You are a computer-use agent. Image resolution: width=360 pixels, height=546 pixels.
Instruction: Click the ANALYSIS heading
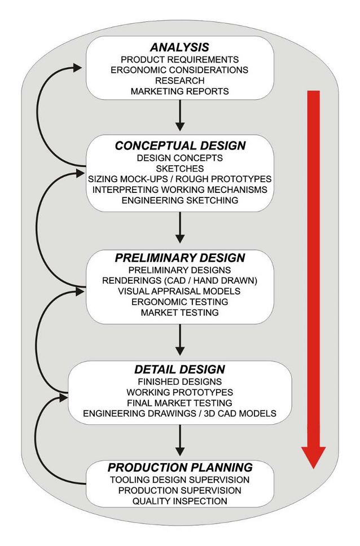coord(179,48)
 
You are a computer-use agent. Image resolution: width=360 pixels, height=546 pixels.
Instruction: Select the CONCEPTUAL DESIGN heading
coord(180,146)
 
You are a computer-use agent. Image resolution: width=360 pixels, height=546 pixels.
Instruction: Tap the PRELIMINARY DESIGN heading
coord(180,258)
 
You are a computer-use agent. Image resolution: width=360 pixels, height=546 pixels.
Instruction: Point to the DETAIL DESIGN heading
coord(180,369)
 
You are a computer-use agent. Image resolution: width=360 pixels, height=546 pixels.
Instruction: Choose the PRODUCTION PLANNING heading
coord(180,468)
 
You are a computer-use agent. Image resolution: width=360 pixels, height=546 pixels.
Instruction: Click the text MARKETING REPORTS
coord(180,91)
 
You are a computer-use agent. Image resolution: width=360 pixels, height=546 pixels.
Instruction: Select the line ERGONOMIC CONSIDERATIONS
coord(180,70)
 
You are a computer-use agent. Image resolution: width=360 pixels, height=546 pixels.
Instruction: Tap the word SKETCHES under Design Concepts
coord(180,168)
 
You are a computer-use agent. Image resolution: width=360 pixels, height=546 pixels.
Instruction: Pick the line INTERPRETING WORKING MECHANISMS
coord(180,190)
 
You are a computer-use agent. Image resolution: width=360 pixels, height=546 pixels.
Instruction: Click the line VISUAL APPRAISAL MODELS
coord(180,291)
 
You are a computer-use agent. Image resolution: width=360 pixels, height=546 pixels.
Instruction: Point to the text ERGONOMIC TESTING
coord(180,302)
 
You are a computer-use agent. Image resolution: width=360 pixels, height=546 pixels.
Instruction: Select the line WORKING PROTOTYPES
coord(180,392)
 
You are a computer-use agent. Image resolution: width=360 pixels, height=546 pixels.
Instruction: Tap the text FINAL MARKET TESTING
coord(180,403)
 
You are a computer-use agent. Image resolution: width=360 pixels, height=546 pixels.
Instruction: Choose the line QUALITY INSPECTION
coord(180,501)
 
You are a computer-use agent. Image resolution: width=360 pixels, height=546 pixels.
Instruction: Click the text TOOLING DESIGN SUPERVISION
coord(180,479)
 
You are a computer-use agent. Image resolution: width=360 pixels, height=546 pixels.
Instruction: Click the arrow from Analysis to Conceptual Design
coord(180,115)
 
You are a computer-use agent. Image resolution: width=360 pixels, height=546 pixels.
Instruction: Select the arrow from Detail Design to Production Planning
coord(180,440)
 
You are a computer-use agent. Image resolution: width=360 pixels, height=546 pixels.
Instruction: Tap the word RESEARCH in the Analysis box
coord(180,81)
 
